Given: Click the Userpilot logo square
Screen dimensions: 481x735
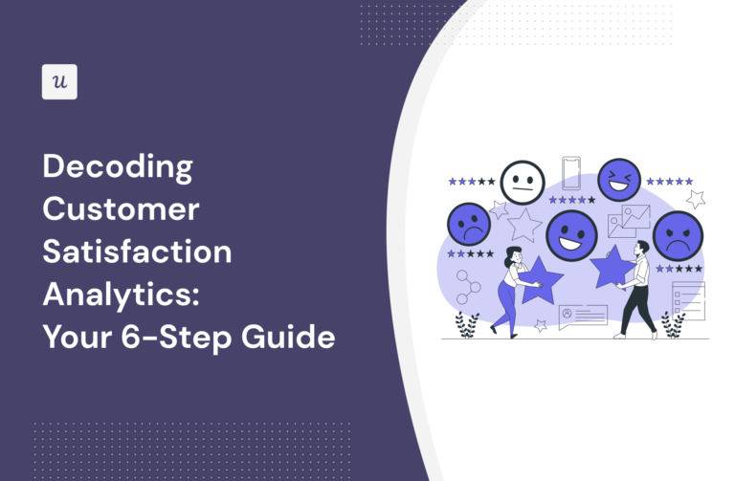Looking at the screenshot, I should point(59,82).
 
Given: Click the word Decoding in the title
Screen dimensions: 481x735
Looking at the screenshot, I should point(118,168).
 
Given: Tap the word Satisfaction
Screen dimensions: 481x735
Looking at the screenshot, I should point(137,252).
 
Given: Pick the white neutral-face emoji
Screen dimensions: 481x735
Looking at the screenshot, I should point(523,182).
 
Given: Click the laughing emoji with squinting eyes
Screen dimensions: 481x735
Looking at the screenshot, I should point(619,179).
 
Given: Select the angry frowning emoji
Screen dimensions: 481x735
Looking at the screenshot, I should point(678,235).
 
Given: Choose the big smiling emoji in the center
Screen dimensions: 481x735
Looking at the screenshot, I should point(571,235).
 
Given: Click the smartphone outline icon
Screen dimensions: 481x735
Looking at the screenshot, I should point(572,172).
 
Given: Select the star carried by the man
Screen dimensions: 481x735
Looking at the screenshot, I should point(610,267).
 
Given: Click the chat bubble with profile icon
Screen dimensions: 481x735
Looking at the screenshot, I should point(583,315).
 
